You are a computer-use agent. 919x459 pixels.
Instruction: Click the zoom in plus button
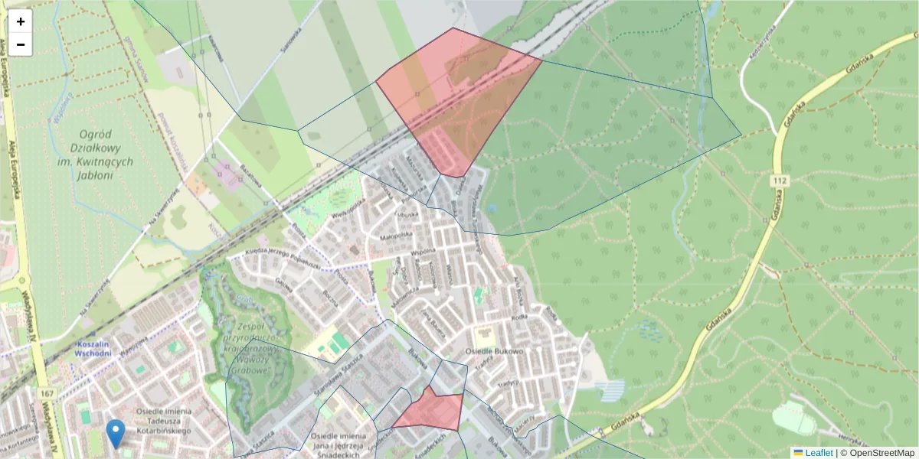(x=21, y=21)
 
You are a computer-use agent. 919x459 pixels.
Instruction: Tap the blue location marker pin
(x=116, y=433)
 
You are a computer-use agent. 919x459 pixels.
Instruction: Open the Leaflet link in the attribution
(x=819, y=453)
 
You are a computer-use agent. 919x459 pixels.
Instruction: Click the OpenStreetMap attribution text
(x=881, y=453)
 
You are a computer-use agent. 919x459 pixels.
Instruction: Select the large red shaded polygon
(x=456, y=99)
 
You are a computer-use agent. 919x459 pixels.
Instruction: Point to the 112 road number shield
(x=780, y=180)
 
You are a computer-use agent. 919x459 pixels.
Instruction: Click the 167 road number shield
(x=49, y=393)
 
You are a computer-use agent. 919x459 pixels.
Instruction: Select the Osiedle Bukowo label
(x=494, y=352)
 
